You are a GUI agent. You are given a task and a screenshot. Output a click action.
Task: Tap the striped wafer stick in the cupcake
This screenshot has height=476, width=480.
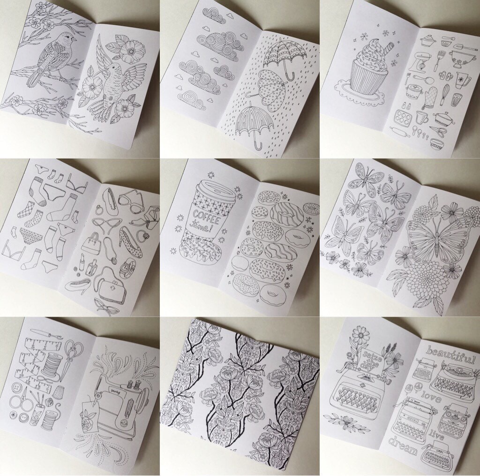(x=390, y=49)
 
